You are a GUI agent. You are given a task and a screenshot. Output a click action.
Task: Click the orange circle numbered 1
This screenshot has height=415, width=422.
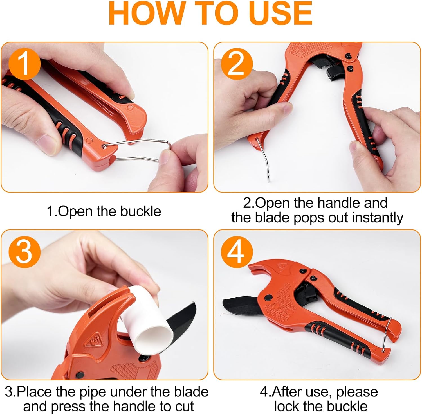tap(25, 64)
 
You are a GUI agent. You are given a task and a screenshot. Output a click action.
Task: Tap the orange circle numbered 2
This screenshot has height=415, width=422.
tap(237, 64)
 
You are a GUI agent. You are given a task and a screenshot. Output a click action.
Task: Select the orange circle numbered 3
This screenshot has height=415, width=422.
tap(25, 251)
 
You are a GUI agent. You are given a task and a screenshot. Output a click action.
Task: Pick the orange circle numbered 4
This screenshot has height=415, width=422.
tap(237, 251)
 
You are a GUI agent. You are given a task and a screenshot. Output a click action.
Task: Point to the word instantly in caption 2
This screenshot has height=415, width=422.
tap(378, 218)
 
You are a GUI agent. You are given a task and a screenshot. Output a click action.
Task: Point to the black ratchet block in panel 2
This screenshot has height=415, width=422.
tap(335, 73)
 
